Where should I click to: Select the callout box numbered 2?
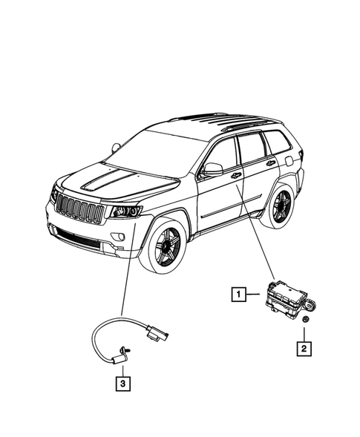(304, 346)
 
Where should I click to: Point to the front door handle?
(236, 176)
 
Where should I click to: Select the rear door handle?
(271, 162)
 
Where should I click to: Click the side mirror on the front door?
(212, 169)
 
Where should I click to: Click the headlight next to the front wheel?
(126, 212)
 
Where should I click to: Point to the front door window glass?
(223, 154)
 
